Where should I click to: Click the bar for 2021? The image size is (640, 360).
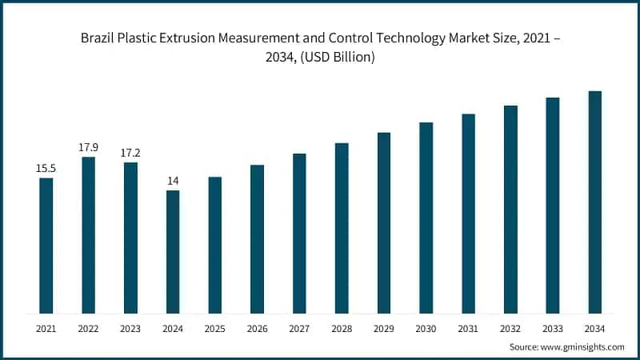(x=46, y=245)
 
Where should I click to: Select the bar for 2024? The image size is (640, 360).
(x=173, y=251)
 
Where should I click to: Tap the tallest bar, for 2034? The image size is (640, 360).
(x=594, y=202)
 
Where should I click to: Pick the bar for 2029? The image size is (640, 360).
(x=384, y=222)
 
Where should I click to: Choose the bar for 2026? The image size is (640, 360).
(x=257, y=238)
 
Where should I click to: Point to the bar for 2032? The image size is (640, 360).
(x=510, y=209)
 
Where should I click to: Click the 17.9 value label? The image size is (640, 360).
(x=88, y=146)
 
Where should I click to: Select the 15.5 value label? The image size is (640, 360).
(x=46, y=167)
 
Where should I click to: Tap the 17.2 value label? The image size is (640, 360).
(x=130, y=152)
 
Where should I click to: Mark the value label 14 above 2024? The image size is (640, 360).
(x=173, y=180)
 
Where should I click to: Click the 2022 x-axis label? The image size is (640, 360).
(x=88, y=328)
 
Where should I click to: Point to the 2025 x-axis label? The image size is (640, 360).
(x=214, y=328)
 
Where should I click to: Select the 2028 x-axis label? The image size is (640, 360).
(x=342, y=328)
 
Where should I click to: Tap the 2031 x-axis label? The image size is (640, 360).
(x=468, y=328)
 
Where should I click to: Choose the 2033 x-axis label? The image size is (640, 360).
(x=552, y=328)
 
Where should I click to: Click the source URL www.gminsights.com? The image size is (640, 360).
(x=583, y=346)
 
